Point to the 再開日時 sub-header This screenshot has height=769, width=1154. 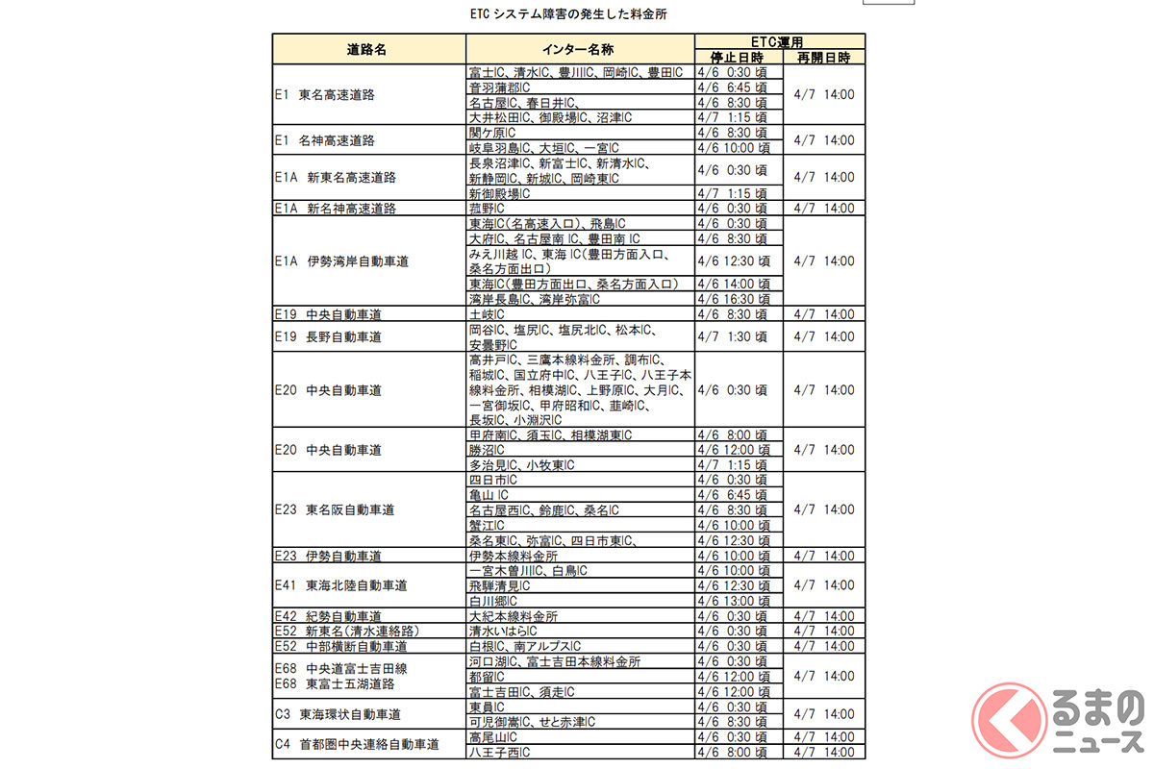coord(824,58)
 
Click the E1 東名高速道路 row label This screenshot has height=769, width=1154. coord(324,95)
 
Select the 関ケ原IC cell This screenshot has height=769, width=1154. coord(491,133)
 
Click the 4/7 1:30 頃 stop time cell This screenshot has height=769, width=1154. coord(733,336)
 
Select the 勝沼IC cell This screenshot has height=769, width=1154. coord(487,450)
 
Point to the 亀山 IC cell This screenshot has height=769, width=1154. coord(488,495)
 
